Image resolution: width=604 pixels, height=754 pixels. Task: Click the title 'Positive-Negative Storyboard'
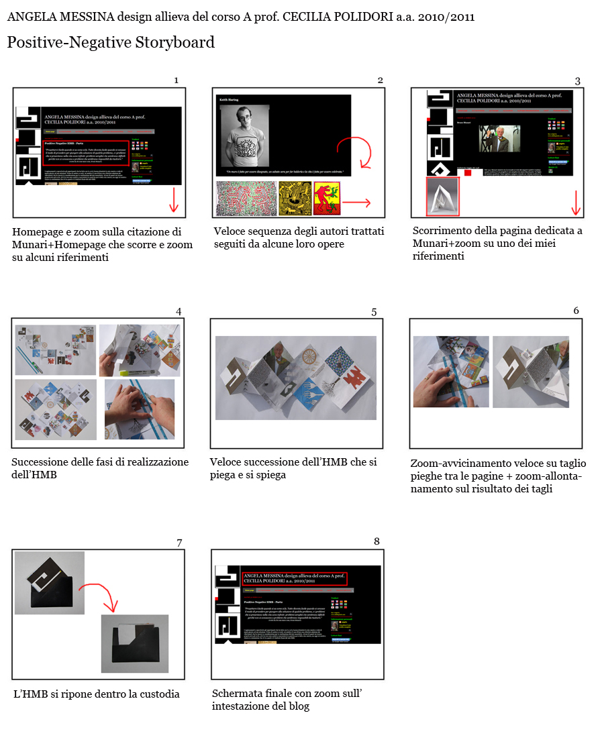111,43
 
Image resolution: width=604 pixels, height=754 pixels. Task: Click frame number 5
374,312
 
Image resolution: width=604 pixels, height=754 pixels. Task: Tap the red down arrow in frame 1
174,201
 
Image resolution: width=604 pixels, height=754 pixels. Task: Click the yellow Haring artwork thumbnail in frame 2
295,199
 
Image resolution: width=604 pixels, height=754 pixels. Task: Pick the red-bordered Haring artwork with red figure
327,199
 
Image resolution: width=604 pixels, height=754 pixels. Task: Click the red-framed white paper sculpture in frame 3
443,197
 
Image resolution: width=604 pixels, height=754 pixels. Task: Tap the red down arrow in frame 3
575,202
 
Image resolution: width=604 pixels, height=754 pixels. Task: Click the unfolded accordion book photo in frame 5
295,378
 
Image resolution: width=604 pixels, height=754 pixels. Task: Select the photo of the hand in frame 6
450,372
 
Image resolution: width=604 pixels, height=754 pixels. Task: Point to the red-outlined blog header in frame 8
295,578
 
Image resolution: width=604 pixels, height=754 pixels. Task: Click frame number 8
376,541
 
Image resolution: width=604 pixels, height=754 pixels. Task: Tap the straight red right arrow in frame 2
360,201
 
